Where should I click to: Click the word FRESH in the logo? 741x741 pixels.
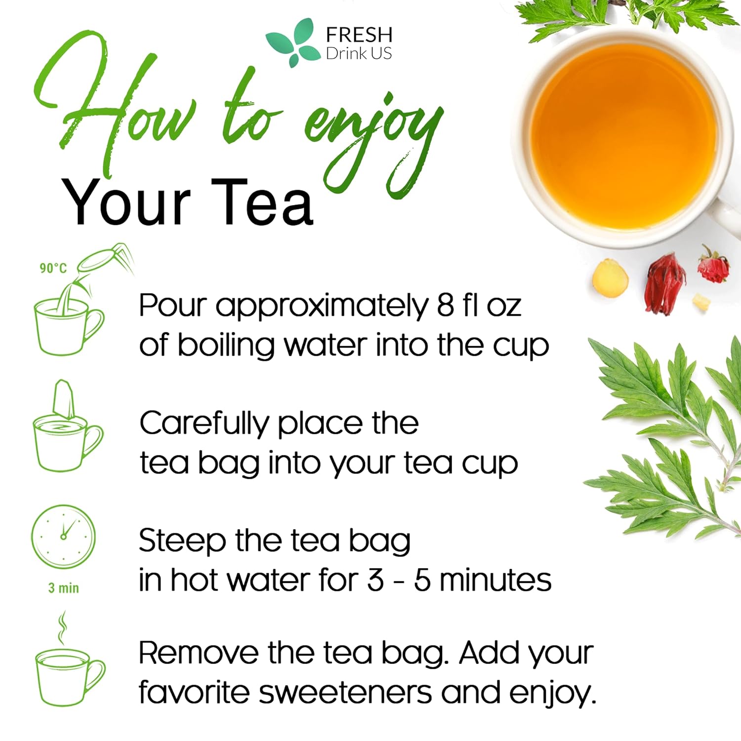(359, 35)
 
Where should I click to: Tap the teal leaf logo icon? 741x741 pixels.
(292, 43)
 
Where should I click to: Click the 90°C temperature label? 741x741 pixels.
(53, 268)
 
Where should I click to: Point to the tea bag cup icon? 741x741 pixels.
(67, 430)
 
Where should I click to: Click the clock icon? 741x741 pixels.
(63, 536)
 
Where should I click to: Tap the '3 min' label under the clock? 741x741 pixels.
(63, 588)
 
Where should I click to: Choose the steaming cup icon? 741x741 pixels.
(68, 667)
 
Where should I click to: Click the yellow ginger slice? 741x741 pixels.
(610, 280)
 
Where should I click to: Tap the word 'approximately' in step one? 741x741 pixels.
(322, 306)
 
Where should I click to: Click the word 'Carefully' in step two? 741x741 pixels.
(204, 424)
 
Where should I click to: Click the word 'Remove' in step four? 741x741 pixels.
(198, 653)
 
